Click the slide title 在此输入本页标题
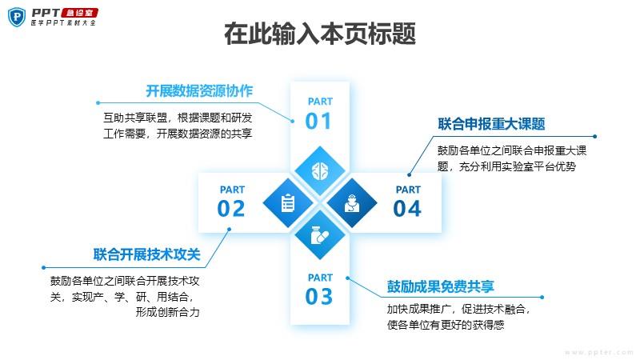tap(320, 34)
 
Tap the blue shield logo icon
tap(17, 17)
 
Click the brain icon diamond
tap(320, 171)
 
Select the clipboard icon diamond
tap(288, 203)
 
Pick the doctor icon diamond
tap(352, 203)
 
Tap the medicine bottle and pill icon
tap(320, 235)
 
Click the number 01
tap(318, 122)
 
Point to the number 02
tap(231, 209)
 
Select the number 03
tap(318, 297)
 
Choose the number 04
tap(407, 209)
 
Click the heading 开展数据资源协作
tap(199, 90)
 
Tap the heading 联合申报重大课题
tap(491, 124)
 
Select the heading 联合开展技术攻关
tap(147, 254)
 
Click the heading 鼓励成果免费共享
tap(441, 286)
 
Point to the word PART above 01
tap(320, 102)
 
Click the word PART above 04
tap(408, 190)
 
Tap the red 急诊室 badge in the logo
tap(79, 13)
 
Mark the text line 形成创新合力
tap(168, 312)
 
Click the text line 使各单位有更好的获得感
tap(446, 325)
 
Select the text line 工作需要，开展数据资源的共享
tap(178, 134)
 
